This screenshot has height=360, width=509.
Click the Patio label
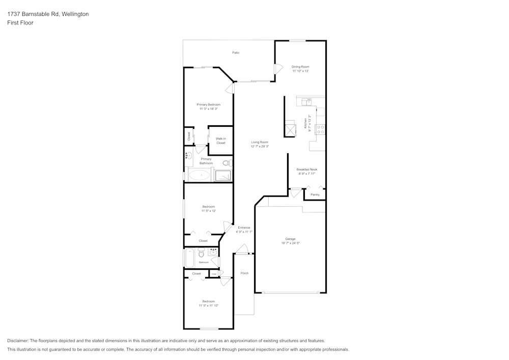tap(236, 52)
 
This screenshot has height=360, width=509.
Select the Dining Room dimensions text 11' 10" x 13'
tap(300, 71)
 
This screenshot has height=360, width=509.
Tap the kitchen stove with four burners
tap(321, 129)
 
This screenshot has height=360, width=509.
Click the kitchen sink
tap(306, 102)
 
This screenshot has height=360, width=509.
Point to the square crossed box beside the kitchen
tap(290, 130)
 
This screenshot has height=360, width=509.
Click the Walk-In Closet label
tap(220, 141)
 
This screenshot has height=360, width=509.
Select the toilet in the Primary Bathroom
tap(228, 163)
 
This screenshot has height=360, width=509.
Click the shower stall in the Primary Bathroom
tap(223, 176)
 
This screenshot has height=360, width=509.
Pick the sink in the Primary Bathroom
tap(188, 156)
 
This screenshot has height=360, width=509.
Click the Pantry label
tap(315, 195)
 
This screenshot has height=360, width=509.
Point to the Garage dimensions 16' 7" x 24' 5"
tap(290, 243)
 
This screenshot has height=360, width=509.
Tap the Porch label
tap(244, 273)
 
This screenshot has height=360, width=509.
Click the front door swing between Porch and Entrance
tap(242, 250)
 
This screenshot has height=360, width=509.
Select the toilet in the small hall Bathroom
tap(201, 253)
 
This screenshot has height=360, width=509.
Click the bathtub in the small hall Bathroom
tap(189, 258)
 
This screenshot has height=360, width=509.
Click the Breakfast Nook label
tap(306, 170)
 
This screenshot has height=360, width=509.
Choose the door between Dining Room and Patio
tap(278, 69)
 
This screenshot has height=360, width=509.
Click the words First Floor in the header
tap(20, 23)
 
